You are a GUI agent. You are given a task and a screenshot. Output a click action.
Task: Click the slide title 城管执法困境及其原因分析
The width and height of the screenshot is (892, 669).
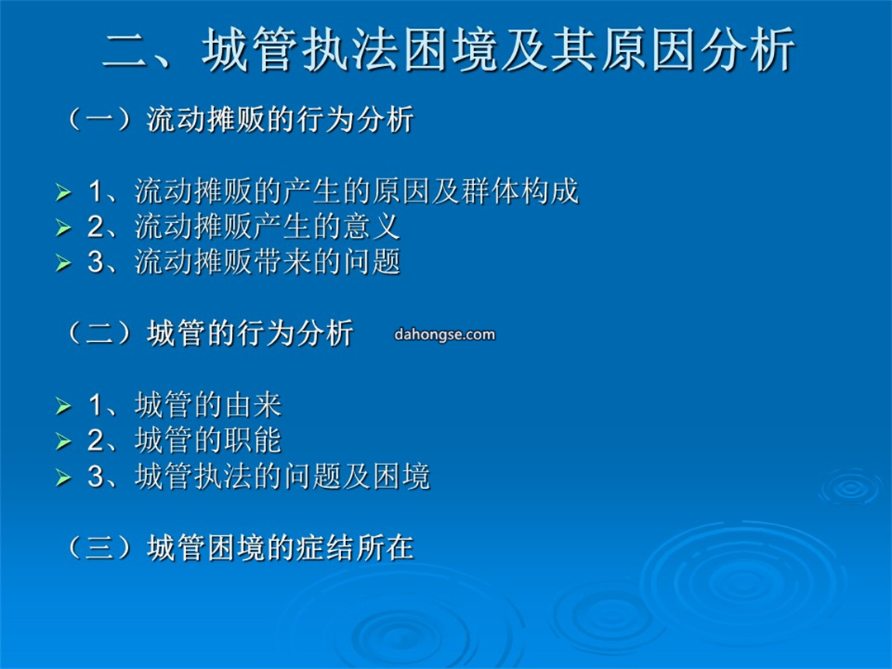[x=498, y=50]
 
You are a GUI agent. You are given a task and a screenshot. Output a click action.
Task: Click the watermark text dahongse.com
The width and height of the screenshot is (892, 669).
[x=444, y=334]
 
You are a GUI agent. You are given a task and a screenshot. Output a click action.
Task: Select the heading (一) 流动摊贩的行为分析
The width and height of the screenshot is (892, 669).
[x=240, y=120]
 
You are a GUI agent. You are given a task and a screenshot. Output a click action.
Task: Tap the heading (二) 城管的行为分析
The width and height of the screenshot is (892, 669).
[x=210, y=334]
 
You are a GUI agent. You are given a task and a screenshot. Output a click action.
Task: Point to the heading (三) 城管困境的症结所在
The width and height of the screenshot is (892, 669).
[x=240, y=548]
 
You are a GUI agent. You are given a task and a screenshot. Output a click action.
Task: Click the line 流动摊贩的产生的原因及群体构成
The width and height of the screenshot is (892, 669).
[x=357, y=191]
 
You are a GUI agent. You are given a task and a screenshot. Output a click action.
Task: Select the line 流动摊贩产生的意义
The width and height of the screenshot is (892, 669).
[x=268, y=226]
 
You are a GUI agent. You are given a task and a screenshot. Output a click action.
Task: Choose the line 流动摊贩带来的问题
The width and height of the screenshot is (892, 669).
[x=268, y=262]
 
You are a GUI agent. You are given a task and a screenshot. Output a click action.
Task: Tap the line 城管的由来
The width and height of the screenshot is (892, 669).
[x=208, y=405]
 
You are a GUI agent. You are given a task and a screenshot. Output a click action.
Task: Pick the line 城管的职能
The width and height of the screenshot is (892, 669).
[x=208, y=440]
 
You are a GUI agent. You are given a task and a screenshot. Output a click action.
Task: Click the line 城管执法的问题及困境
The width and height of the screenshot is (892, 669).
[x=282, y=477]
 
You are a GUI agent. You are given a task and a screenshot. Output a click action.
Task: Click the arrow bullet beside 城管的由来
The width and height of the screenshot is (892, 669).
[x=63, y=406]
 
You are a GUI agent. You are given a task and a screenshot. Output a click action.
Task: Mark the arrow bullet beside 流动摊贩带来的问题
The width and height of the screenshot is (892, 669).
[x=63, y=263]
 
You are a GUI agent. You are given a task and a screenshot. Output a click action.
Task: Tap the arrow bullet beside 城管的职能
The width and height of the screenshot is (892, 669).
[x=63, y=441]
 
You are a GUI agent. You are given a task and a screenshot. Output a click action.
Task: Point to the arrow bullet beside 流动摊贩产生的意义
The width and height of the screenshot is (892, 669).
[x=63, y=228]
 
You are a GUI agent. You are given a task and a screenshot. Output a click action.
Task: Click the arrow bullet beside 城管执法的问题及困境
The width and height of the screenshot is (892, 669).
[x=63, y=477]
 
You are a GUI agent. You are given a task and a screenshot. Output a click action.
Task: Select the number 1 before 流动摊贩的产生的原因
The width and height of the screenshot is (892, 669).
[x=95, y=191]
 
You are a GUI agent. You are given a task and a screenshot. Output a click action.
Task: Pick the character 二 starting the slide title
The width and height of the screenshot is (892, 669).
[x=126, y=51]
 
